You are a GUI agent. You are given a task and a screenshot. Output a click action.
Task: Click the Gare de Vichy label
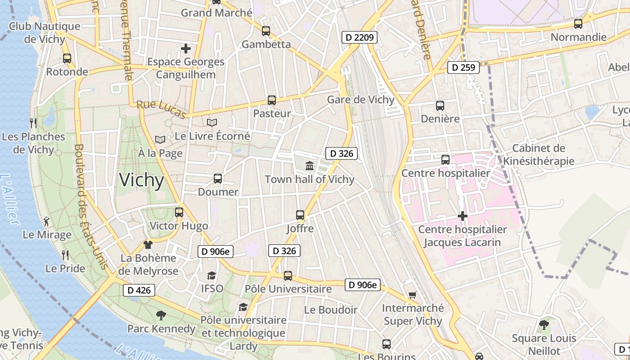click(x=360, y=99)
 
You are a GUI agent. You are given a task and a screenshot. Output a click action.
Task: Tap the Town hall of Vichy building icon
click(x=310, y=166)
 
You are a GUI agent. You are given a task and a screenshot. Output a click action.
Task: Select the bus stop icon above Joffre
click(x=300, y=215)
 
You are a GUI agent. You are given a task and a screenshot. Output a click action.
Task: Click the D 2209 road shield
click(x=359, y=37)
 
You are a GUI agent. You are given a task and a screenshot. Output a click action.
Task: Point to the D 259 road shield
click(x=463, y=68)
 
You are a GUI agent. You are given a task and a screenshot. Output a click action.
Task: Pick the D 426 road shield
click(x=139, y=290)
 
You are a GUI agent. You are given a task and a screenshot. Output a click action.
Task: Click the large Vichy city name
click(x=142, y=180)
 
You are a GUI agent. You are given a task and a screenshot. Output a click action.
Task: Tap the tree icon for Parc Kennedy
click(x=161, y=315)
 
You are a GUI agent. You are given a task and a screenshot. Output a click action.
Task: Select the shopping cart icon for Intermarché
click(x=412, y=295)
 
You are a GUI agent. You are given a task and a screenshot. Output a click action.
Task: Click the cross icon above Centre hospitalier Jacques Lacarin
click(x=462, y=216)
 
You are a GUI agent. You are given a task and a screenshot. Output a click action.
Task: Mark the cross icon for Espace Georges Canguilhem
click(x=185, y=48)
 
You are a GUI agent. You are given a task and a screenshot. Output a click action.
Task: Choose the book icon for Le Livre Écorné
click(x=211, y=122)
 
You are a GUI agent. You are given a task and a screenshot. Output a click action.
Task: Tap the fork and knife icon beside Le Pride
click(x=65, y=255)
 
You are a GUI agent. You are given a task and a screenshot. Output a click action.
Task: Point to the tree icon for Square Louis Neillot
click(x=544, y=324)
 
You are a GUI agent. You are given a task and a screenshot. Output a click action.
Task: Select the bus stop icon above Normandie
click(x=578, y=24)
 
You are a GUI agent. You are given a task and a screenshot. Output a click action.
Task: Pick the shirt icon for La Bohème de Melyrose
click(x=148, y=245)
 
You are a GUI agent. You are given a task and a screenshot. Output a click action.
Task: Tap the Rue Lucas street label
click(x=162, y=109)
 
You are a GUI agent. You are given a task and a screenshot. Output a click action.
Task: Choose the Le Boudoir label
click(x=331, y=310)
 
